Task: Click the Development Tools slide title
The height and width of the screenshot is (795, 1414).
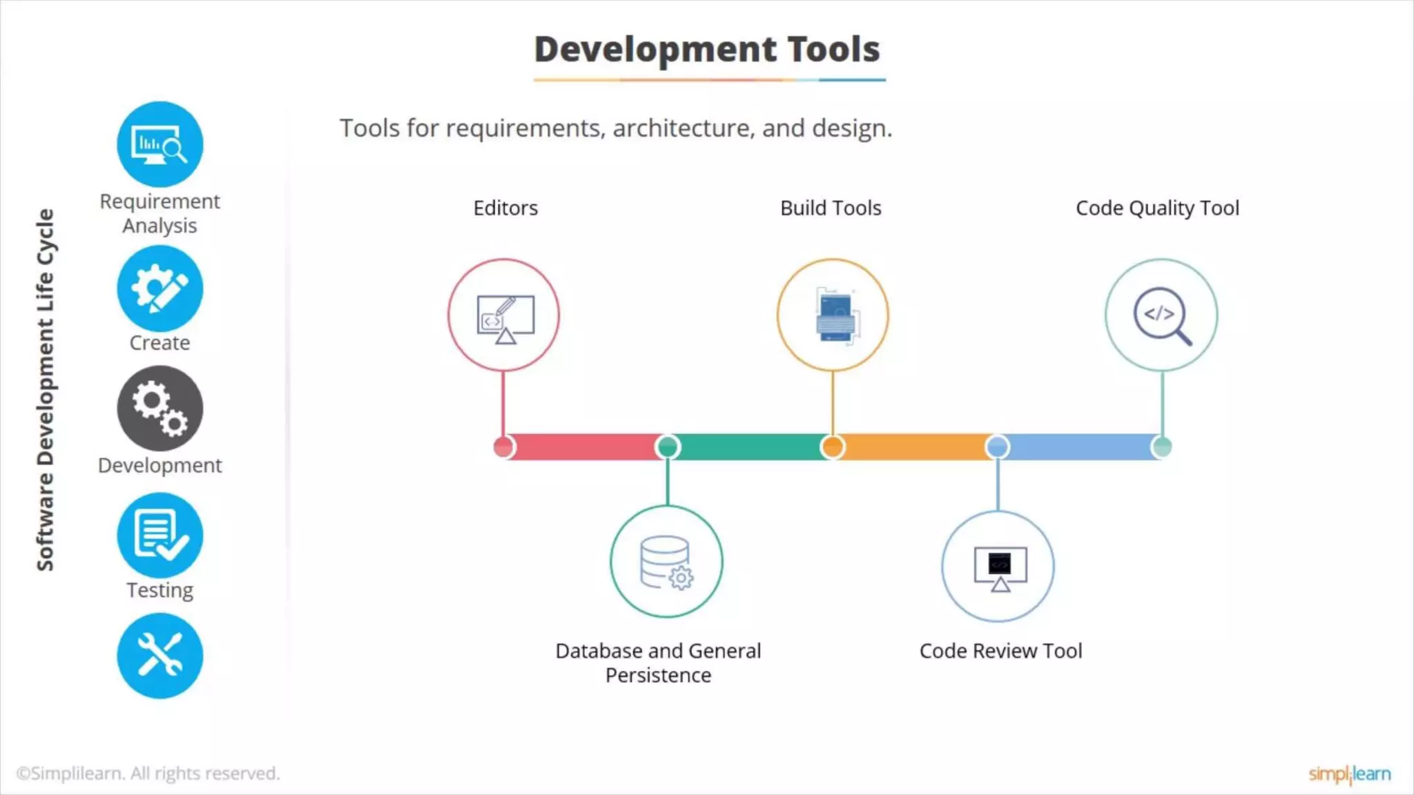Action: [707, 50]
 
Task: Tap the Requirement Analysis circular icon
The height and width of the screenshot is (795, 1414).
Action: [160, 144]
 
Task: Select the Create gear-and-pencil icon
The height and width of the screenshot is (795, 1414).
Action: [160, 288]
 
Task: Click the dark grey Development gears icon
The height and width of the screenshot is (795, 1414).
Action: [160, 409]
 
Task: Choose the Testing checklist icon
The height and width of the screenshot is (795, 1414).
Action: [160, 535]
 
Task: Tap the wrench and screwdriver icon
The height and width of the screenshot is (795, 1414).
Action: [160, 656]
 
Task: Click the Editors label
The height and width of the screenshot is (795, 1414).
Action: [505, 208]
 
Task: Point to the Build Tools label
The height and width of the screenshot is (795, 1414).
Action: [831, 208]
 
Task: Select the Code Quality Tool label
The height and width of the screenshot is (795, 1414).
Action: [1157, 208]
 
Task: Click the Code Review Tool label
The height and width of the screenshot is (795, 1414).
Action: [1000, 651]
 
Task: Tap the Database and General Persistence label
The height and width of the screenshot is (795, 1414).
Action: [658, 662]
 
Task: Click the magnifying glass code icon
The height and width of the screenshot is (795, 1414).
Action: [1161, 315]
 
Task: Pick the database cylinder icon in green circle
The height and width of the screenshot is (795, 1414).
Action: [666, 562]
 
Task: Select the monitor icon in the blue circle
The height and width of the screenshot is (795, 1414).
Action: [998, 567]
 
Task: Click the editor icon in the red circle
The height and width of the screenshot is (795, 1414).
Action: [504, 315]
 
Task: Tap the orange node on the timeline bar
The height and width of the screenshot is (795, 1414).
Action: [833, 447]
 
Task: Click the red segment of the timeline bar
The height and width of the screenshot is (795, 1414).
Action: [583, 447]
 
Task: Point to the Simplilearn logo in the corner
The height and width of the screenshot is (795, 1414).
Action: [1349, 774]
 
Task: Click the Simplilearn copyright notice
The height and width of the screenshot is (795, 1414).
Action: [148, 774]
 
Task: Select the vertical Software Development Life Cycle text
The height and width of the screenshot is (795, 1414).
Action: [46, 390]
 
